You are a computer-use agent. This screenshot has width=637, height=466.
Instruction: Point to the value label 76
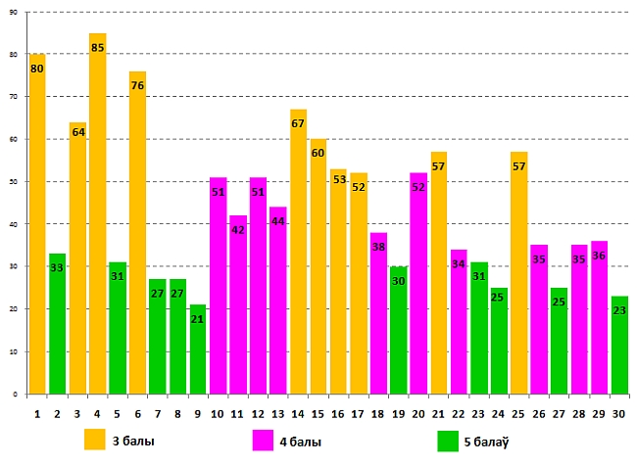tap(137, 85)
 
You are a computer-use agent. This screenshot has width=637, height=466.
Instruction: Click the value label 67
tap(298, 123)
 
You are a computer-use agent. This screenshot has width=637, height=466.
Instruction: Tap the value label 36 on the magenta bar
tap(599, 256)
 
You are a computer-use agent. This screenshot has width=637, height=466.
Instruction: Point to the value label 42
tap(237, 230)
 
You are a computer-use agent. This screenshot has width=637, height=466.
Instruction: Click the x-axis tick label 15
tap(318, 412)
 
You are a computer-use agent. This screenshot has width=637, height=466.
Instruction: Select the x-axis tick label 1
tap(37, 412)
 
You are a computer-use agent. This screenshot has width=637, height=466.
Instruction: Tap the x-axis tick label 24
tap(499, 412)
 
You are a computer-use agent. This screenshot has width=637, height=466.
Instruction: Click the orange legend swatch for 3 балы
tap(95, 439)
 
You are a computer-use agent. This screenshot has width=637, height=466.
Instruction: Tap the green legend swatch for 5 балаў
tap(447, 440)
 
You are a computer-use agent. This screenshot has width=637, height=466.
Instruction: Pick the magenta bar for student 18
tap(378, 313)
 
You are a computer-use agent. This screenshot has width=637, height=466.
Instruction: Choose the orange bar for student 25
tap(518, 273)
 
